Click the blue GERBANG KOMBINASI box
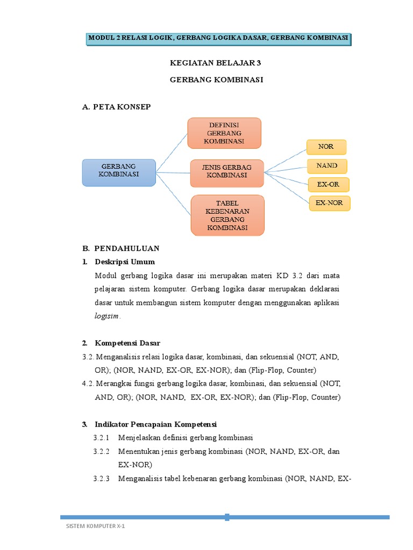point(119,172)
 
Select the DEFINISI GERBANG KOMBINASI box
point(224,133)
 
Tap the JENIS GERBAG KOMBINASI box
point(226,172)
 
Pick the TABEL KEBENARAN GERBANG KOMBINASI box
point(227,215)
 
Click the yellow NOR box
point(326,147)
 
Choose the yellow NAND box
point(326,165)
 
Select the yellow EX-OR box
point(327,184)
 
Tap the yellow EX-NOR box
point(329,203)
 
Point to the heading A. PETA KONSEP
point(116,107)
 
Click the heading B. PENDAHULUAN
point(121,248)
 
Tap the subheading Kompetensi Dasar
point(127,343)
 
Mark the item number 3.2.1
point(101,437)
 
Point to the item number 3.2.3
point(101,478)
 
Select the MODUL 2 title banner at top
point(218,38)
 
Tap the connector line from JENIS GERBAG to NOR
point(285,160)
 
